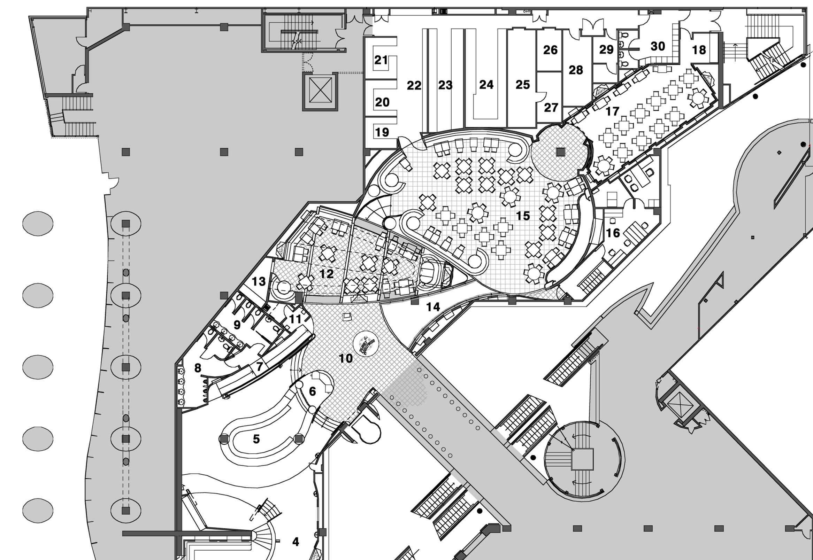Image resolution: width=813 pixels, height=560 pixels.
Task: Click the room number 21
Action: point(381,60)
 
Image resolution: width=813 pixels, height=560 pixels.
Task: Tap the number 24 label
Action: point(486,85)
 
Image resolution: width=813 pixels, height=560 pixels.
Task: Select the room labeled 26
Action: point(550,50)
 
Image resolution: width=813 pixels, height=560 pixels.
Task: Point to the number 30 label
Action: point(658,46)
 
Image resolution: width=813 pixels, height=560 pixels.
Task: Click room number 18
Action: point(699,50)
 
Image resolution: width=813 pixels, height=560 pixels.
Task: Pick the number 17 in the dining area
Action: point(612,111)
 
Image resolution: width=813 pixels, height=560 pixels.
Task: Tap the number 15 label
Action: point(523,216)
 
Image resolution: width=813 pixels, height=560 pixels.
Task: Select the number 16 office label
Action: point(613,233)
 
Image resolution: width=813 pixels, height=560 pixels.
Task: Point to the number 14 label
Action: point(433,307)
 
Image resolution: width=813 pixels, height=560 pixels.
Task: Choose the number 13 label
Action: point(259,281)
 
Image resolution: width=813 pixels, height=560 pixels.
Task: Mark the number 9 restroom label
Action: point(237,325)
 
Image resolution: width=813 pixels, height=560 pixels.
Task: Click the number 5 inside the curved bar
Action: point(256,439)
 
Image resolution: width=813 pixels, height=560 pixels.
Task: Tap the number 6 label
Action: point(312,391)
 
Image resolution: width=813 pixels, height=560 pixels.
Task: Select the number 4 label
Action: point(296,542)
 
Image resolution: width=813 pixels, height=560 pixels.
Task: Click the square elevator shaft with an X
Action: point(320,90)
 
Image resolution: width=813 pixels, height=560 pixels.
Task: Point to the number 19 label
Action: point(382,132)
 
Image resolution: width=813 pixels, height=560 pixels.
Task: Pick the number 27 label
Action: point(551,107)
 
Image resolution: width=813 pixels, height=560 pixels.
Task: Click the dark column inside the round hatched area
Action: point(561,152)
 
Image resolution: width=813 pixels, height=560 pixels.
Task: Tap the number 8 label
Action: point(198,368)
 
